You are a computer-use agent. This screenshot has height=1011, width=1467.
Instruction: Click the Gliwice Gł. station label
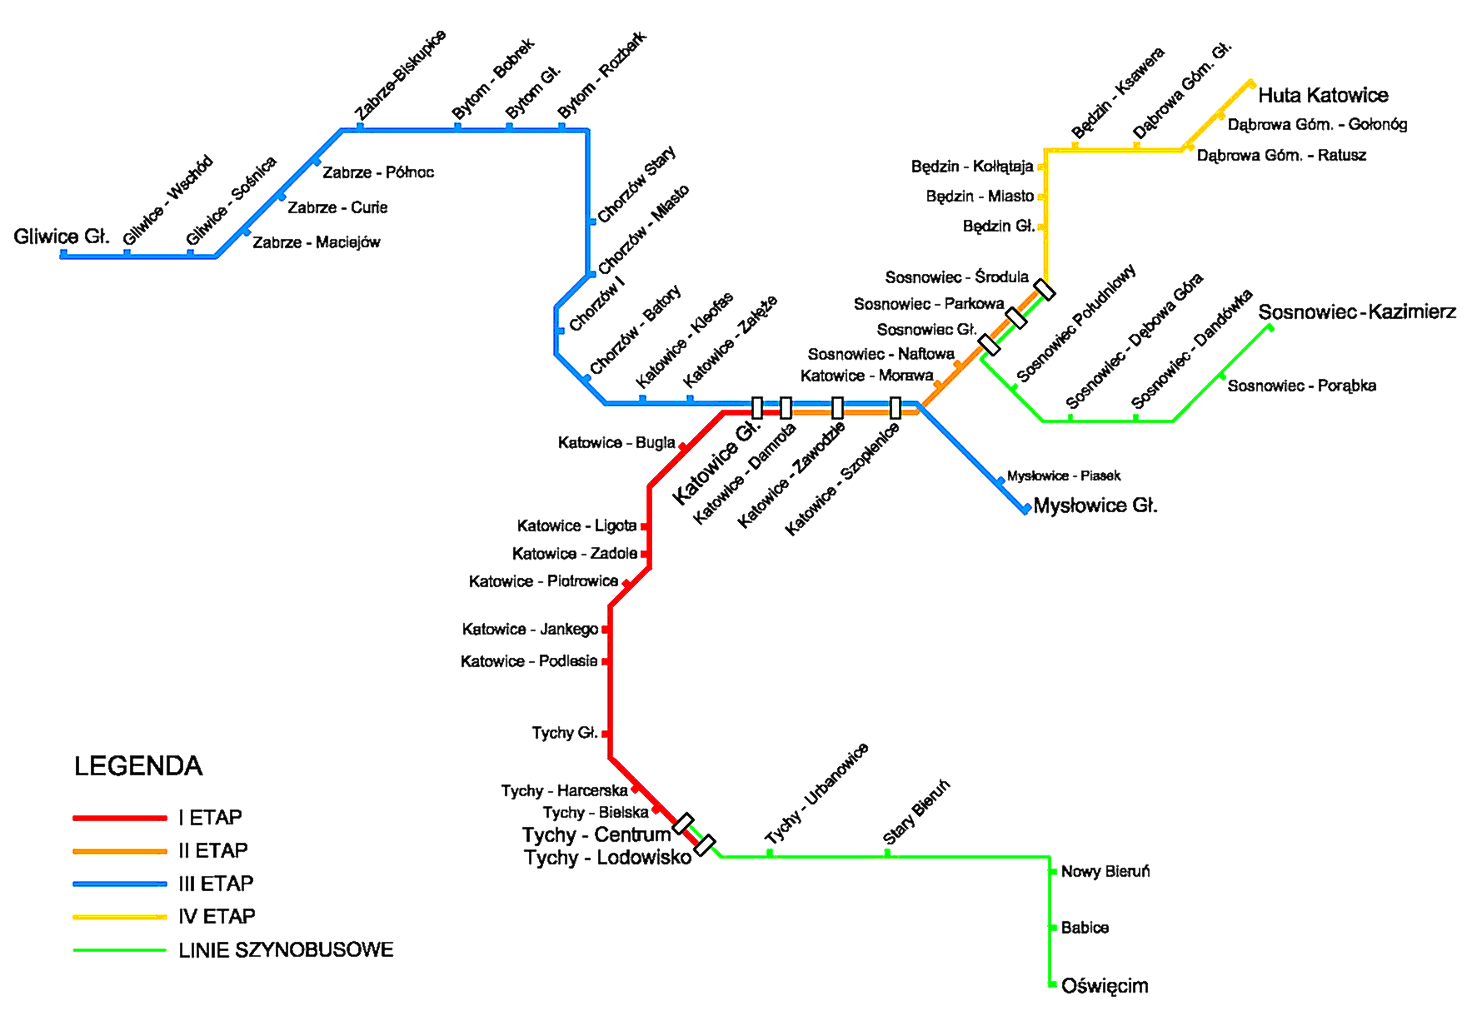[x=62, y=237]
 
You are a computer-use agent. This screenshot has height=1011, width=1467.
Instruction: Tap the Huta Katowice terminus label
[x=1323, y=96]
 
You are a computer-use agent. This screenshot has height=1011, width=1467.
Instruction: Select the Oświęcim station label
[x=1105, y=986]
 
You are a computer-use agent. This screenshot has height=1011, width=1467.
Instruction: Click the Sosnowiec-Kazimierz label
[x=1357, y=312]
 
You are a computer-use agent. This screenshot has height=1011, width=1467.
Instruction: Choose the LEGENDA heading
[x=138, y=766]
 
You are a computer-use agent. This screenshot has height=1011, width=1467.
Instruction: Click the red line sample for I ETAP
[x=120, y=818]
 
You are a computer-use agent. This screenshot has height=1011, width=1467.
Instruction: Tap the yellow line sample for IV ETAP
[x=120, y=917]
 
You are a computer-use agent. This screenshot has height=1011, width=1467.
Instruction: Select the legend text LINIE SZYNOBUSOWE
[x=286, y=950]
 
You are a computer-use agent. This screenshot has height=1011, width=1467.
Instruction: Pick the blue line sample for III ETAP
[x=120, y=884]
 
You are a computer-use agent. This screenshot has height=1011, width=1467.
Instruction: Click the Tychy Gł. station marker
[x=606, y=734]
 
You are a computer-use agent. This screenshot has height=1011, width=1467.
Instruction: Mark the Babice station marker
[x=1052, y=928]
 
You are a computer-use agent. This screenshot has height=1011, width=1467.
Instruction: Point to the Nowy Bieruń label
[x=1105, y=872]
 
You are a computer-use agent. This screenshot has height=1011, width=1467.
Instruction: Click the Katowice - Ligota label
[x=576, y=526]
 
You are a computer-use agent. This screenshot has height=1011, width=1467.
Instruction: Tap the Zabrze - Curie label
[x=337, y=207]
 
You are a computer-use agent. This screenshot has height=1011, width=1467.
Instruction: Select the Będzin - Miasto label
[x=980, y=197]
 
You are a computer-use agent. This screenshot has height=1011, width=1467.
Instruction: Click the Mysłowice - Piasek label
[x=1064, y=476]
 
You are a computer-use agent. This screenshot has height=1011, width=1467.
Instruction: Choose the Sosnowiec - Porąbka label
[x=1301, y=386]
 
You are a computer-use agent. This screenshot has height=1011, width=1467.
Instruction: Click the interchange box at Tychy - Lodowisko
[x=705, y=845]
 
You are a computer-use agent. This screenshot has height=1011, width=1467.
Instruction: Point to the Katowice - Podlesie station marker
[x=606, y=661]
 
